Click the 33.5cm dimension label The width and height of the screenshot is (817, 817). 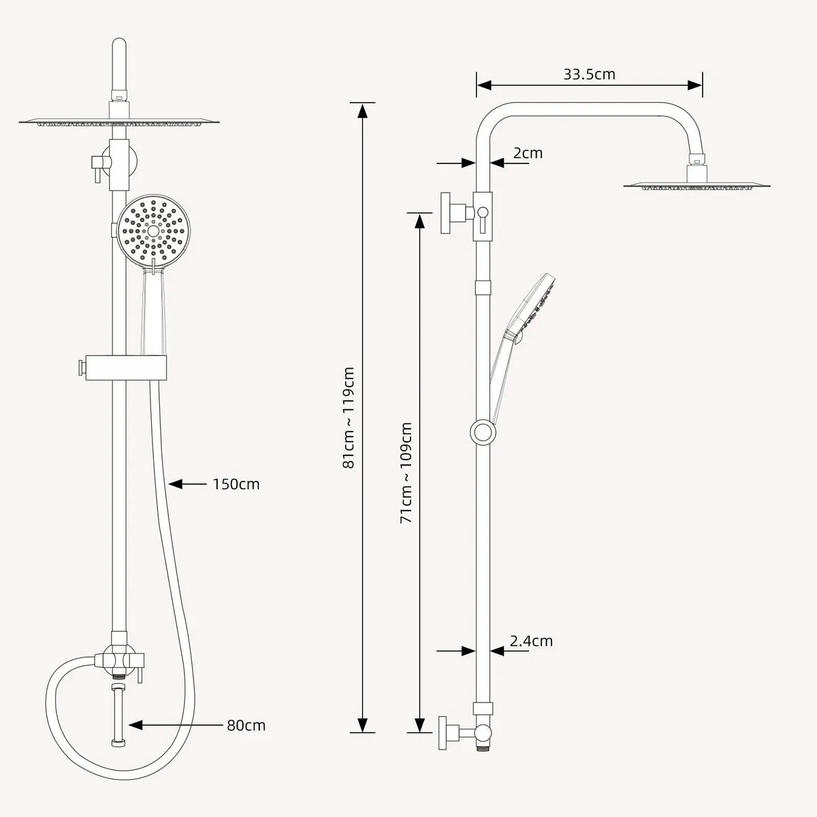589,74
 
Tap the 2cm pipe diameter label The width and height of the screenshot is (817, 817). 528,153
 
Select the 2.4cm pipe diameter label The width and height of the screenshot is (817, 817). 531,641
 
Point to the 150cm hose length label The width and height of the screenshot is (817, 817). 236,484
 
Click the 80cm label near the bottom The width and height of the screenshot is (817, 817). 246,725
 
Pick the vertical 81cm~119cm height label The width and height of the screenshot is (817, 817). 349,417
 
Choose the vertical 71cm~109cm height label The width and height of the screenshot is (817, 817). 406,472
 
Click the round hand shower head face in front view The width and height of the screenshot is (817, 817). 153,231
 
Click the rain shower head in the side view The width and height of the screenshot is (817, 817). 699,184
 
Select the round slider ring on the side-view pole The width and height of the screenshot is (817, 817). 483,432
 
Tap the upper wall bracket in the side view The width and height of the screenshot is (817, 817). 455,212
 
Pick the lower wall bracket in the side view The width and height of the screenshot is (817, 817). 453,733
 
